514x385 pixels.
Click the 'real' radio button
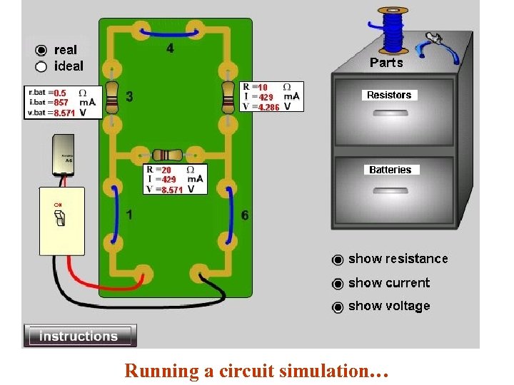(41, 50)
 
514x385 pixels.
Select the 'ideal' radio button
(41, 66)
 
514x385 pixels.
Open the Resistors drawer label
(389, 95)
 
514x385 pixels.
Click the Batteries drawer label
(390, 170)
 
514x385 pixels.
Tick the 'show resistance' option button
(338, 260)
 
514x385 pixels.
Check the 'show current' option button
(338, 284)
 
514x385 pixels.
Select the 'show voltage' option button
(338, 307)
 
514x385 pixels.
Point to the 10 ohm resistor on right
(228, 96)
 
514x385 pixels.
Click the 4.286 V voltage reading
(268, 107)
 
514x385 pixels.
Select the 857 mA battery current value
(61, 103)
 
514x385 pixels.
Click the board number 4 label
(170, 48)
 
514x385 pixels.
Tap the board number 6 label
(245, 215)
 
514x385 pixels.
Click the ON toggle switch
(61, 219)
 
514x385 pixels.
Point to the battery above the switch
(68, 155)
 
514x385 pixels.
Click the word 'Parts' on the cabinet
(386, 63)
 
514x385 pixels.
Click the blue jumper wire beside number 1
(114, 212)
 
